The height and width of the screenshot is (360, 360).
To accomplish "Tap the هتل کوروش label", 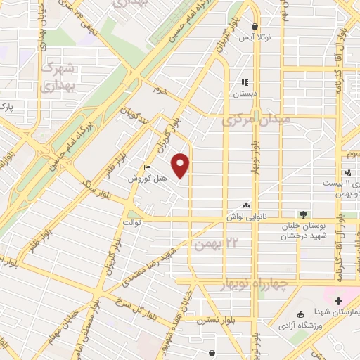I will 147,179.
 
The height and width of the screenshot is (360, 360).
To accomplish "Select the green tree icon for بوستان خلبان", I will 303,214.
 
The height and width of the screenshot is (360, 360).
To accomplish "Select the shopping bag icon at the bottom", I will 212,352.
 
